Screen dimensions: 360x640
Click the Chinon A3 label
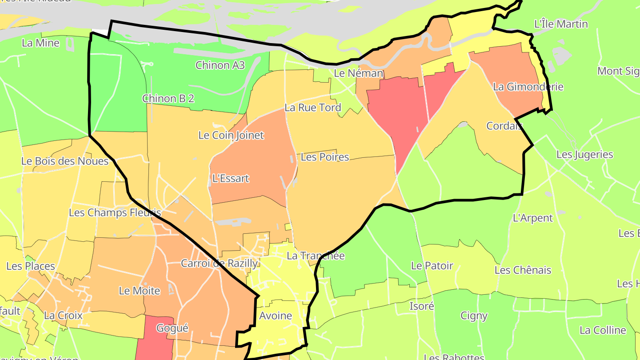pyautogui.click(x=220, y=65)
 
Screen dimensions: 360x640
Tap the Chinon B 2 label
pyautogui.click(x=168, y=99)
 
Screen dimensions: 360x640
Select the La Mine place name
pyautogui.click(x=40, y=43)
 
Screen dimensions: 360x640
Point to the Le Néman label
pyautogui.click(x=358, y=73)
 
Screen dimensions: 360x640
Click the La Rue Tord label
pyautogui.click(x=312, y=108)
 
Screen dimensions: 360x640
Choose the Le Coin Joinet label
pyautogui.click(x=231, y=135)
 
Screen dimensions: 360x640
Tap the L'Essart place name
pyautogui.click(x=231, y=179)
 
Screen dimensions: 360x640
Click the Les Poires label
pyautogui.click(x=325, y=157)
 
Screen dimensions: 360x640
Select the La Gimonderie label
pyautogui.click(x=528, y=87)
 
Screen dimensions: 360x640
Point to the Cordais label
pyautogui.click(x=504, y=126)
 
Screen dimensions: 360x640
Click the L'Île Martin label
pyautogui.click(x=561, y=24)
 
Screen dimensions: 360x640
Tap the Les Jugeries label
pyautogui.click(x=584, y=155)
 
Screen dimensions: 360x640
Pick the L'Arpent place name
pyautogui.click(x=532, y=218)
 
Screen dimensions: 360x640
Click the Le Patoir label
pyautogui.click(x=432, y=266)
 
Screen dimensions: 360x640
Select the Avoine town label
pyautogui.click(x=276, y=316)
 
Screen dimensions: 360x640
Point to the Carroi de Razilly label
pyautogui.click(x=219, y=263)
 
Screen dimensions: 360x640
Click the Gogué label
pyautogui.click(x=172, y=328)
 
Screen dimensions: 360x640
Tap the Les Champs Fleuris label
pyautogui.click(x=115, y=212)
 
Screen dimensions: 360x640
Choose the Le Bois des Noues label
pyautogui.click(x=65, y=161)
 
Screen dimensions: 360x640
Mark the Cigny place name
pyautogui.click(x=474, y=316)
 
